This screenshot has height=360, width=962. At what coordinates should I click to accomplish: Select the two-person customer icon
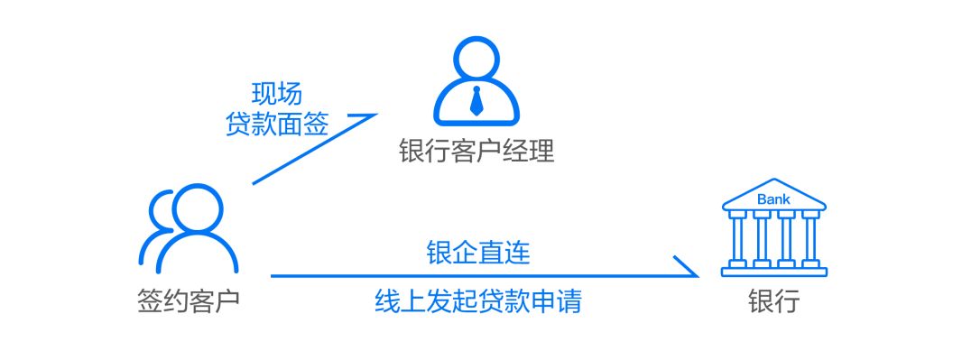[188, 229]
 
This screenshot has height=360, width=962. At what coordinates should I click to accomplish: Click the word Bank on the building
[773, 198]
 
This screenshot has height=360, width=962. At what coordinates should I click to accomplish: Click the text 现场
[276, 94]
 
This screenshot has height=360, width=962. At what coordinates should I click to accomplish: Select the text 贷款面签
[276, 125]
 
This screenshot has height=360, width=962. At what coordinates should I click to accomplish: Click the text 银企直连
[477, 254]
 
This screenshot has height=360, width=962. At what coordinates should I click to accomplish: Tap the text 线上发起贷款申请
[477, 301]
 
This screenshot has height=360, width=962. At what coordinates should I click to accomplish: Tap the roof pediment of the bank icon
[773, 194]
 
